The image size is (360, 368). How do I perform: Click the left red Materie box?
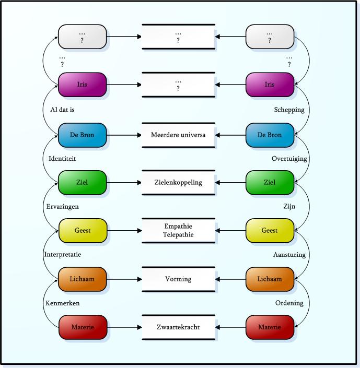coord(83,327)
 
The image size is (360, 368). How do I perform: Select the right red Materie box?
coord(270,327)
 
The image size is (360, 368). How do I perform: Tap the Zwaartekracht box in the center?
coord(178,327)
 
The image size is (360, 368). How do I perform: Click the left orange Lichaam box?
coord(83,279)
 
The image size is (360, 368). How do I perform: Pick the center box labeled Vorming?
coord(178,279)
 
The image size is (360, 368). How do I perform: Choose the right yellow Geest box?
coord(270,231)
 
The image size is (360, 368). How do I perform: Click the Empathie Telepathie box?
coord(178,231)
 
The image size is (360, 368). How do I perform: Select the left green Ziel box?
coord(83,183)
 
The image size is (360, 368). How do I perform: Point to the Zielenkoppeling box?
coord(178,183)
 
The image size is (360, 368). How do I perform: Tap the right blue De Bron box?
coord(270,135)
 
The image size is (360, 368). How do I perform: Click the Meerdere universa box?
coord(178,135)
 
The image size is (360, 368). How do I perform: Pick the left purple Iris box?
coord(83,85)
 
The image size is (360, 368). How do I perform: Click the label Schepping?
coord(289,110)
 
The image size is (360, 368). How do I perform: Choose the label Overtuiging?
coord(289,159)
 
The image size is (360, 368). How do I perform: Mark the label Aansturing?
coord(289,255)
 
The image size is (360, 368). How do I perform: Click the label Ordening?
coord(289,303)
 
